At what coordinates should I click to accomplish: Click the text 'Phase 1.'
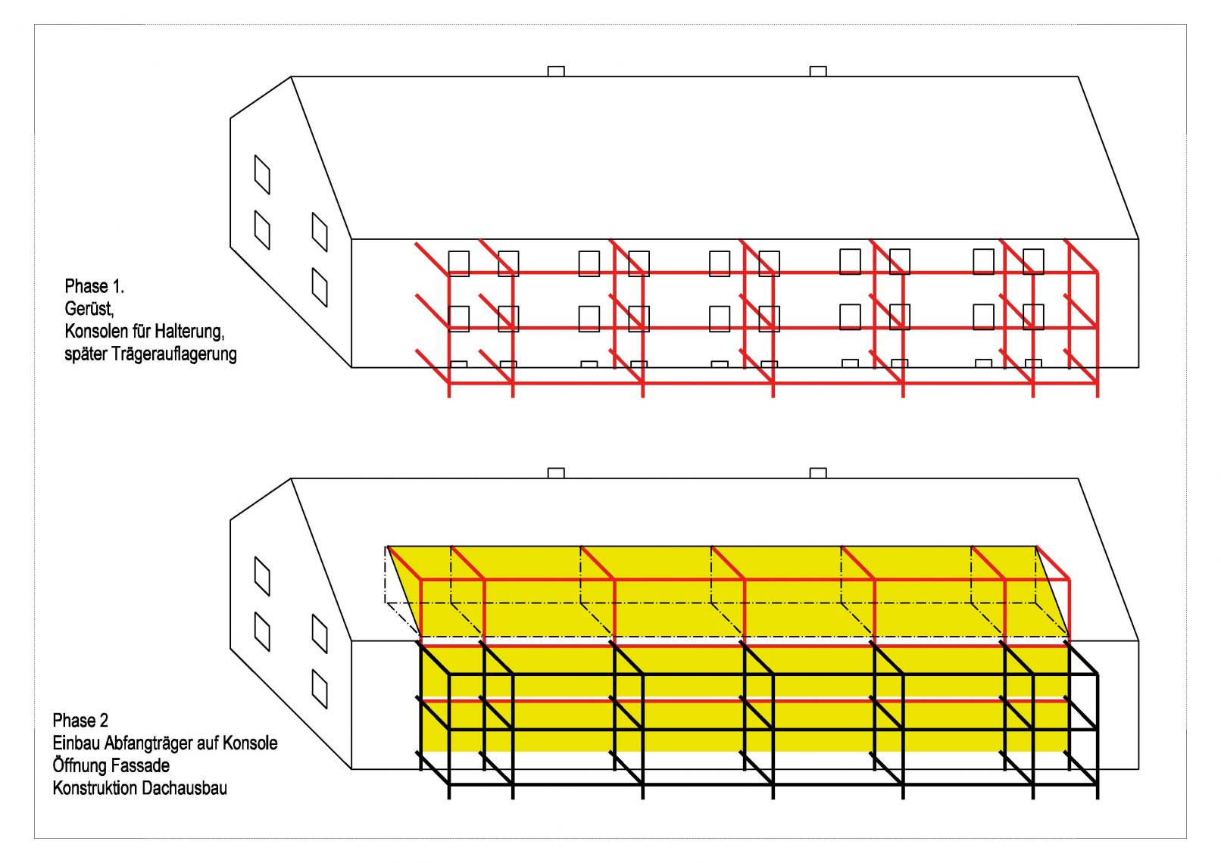pyautogui.click(x=94, y=286)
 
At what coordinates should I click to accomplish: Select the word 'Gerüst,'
pyautogui.click(x=89, y=309)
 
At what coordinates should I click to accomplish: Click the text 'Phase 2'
pyautogui.click(x=80, y=720)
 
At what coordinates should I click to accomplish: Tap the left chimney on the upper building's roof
pyautogui.click(x=556, y=71)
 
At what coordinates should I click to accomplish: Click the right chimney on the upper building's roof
pyautogui.click(x=818, y=71)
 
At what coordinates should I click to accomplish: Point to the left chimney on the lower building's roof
pyautogui.click(x=556, y=473)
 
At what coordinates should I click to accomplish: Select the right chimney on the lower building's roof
pyautogui.click(x=818, y=473)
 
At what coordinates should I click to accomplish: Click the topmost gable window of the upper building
pyautogui.click(x=262, y=175)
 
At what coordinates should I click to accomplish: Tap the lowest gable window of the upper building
pyautogui.click(x=320, y=288)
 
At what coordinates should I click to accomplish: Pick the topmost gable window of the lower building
pyautogui.click(x=262, y=577)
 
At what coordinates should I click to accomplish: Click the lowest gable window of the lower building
pyautogui.click(x=320, y=690)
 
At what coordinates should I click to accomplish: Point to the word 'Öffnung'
pyautogui.click(x=80, y=765)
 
